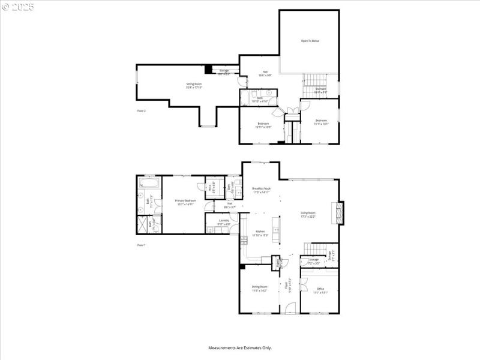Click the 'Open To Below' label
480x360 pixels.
(310, 41)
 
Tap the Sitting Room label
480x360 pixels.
(194, 86)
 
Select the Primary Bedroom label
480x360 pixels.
(186, 203)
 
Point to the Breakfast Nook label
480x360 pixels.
(261, 190)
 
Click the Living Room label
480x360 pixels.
(308, 215)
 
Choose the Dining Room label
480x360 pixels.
(260, 289)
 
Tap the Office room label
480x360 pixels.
(320, 290)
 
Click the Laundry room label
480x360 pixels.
(224, 222)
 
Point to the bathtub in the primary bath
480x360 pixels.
(147, 182)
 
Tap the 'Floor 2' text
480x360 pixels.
(142, 111)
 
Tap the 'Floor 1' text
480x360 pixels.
(142, 245)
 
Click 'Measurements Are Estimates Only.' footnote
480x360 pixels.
(240, 347)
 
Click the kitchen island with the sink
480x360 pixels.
(276, 231)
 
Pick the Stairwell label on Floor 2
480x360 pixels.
(321, 91)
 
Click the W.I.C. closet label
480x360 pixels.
(211, 187)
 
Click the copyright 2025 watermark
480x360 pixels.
(18, 7)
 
